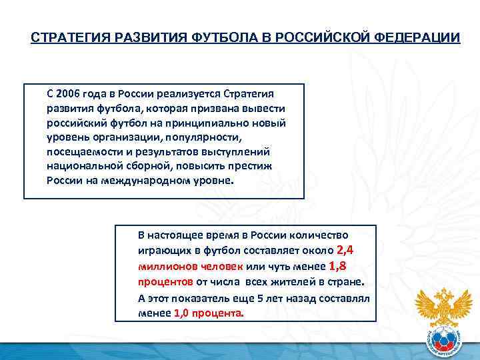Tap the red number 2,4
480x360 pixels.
[x=349, y=251]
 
